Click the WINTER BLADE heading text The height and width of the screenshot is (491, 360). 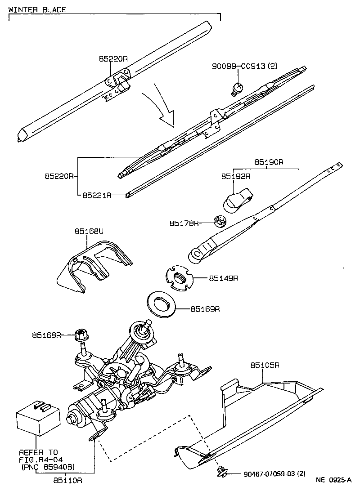(x=37, y=9)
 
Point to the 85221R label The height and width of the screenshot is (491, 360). (x=97, y=196)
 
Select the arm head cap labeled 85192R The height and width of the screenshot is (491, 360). (x=236, y=199)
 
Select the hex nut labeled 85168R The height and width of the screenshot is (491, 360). (x=81, y=335)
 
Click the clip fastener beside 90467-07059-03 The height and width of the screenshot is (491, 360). (x=221, y=471)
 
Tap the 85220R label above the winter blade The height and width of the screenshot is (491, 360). (x=113, y=59)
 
